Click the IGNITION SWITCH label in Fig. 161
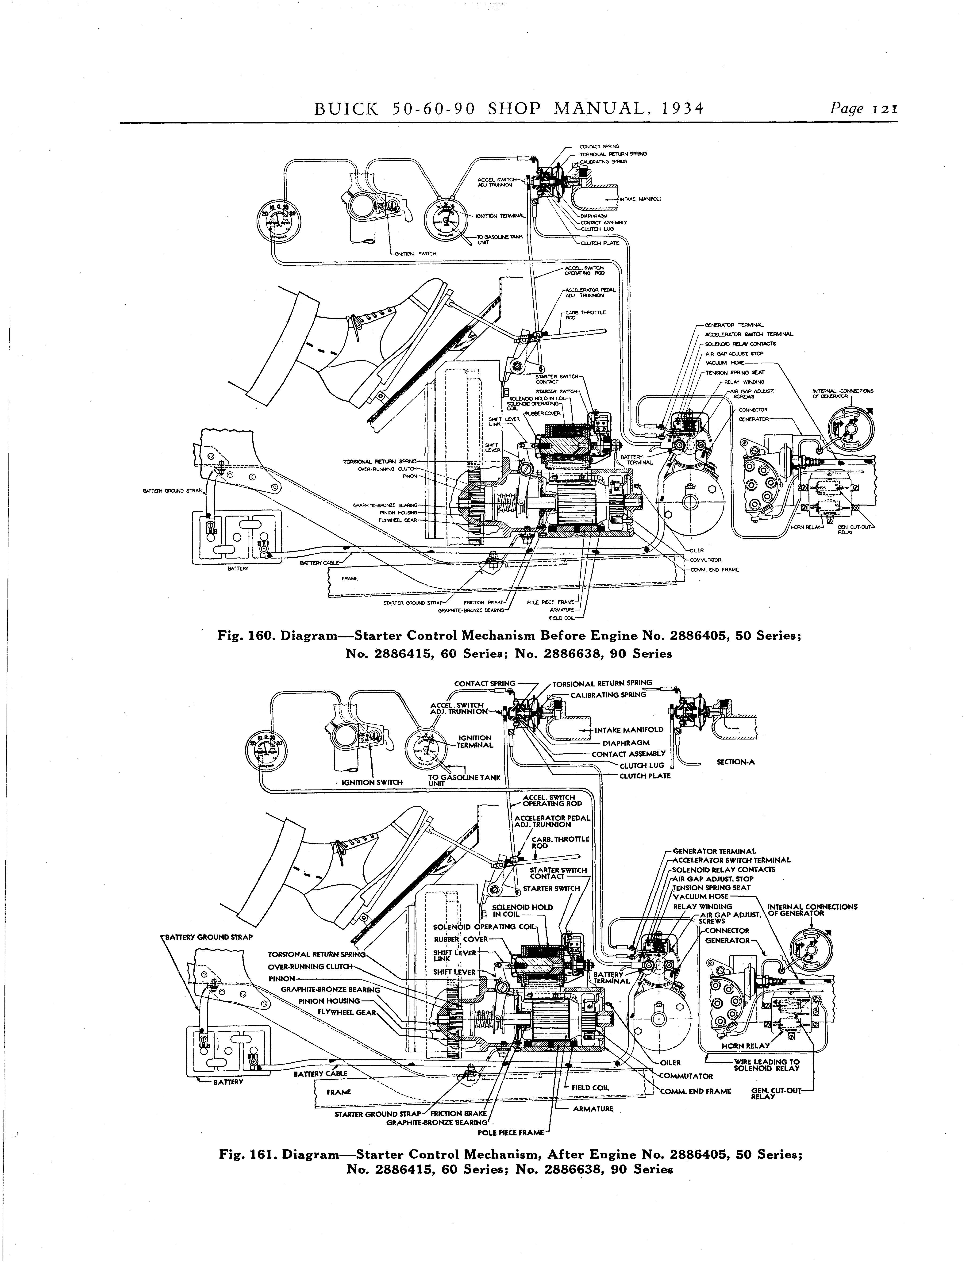point(372,782)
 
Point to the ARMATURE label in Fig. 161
point(593,1109)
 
